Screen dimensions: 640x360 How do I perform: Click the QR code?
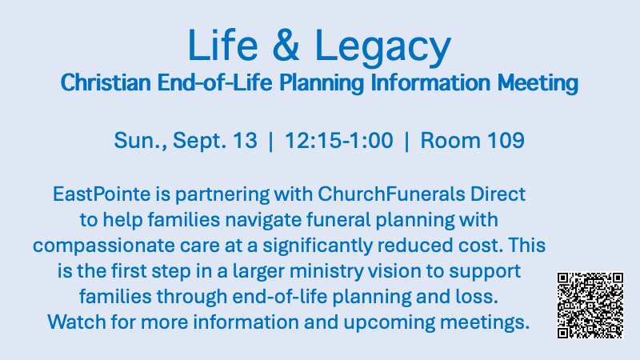click(x=590, y=306)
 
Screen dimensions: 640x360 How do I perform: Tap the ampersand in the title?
click(x=286, y=46)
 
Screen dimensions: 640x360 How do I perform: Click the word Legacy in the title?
click(x=383, y=48)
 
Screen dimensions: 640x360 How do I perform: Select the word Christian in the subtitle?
click(x=106, y=83)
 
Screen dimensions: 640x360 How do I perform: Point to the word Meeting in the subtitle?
click(x=538, y=84)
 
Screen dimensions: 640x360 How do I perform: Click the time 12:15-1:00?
click(x=338, y=141)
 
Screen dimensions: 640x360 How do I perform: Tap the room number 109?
click(x=506, y=141)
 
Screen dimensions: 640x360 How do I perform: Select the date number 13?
click(x=245, y=141)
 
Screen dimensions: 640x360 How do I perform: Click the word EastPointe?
click(x=102, y=194)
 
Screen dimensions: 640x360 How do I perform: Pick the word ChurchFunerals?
click(x=391, y=194)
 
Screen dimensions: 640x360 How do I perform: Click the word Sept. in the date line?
click(x=199, y=142)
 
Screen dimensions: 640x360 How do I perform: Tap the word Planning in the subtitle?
click(x=322, y=84)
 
